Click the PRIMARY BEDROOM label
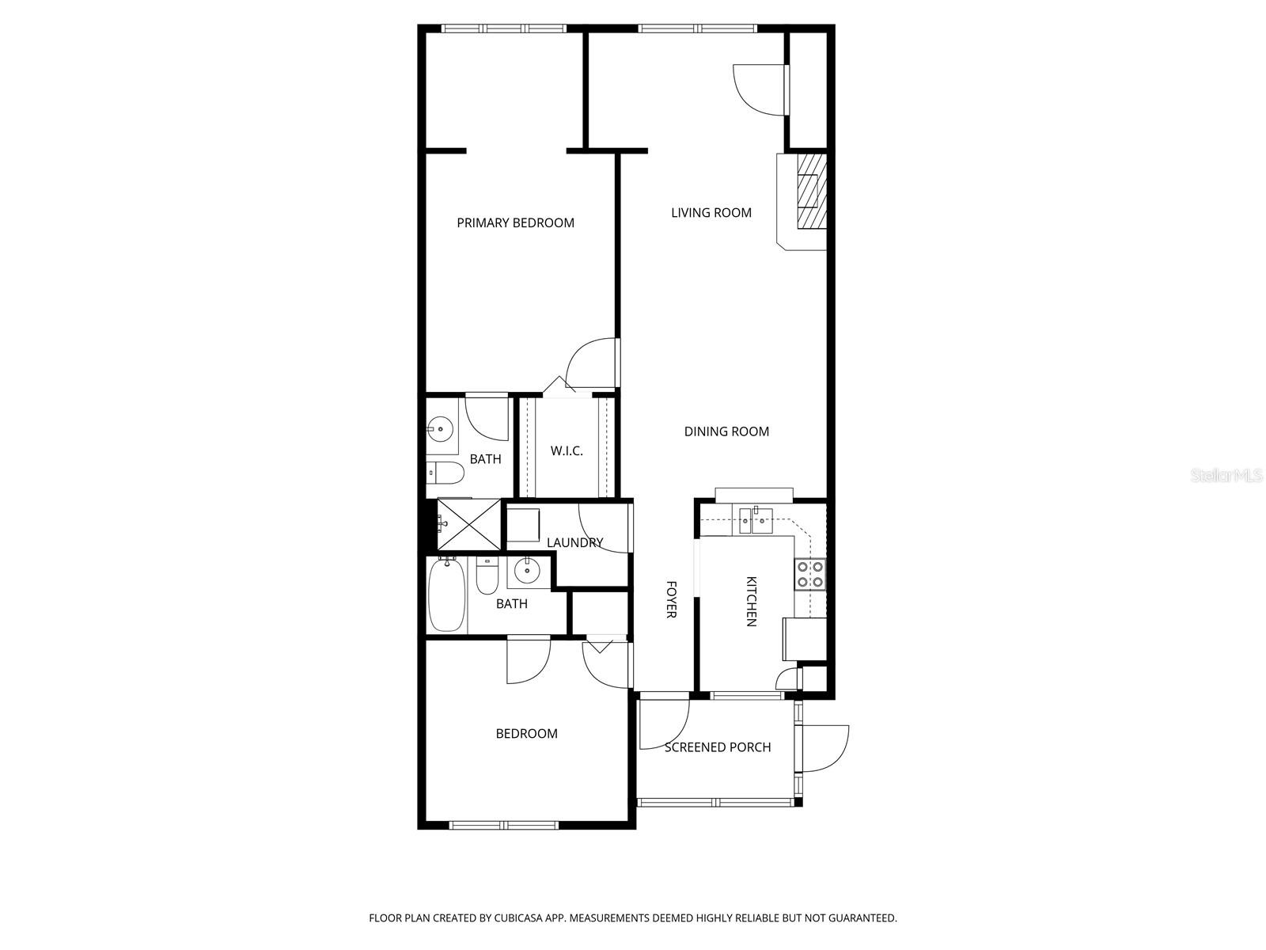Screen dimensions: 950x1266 tap(515, 223)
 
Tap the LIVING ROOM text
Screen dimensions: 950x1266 tap(711, 213)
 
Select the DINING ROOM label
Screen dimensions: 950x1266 tap(726, 431)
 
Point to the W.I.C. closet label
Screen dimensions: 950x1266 tap(567, 451)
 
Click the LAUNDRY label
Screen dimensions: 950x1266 tap(575, 543)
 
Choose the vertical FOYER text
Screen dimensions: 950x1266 tap(671, 599)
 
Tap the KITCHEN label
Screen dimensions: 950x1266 tap(751, 602)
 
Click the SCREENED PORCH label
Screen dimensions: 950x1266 tap(717, 747)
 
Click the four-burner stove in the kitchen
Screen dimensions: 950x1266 tap(809, 574)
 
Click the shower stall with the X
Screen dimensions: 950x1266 tap(468, 524)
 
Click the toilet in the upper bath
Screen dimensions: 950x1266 tap(444, 473)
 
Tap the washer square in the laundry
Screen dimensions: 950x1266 tap(523, 525)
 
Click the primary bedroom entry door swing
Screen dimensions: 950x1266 tap(595, 362)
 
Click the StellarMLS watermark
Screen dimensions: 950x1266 tap(1226, 476)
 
